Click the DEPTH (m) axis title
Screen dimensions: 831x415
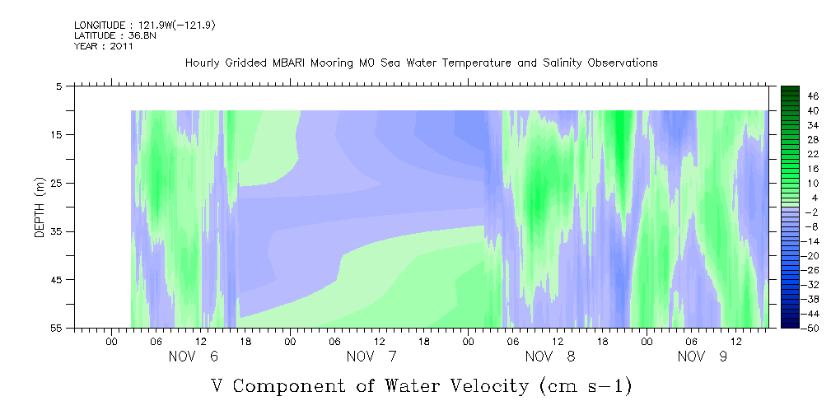pos(40,207)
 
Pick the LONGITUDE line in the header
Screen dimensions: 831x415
pos(145,25)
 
